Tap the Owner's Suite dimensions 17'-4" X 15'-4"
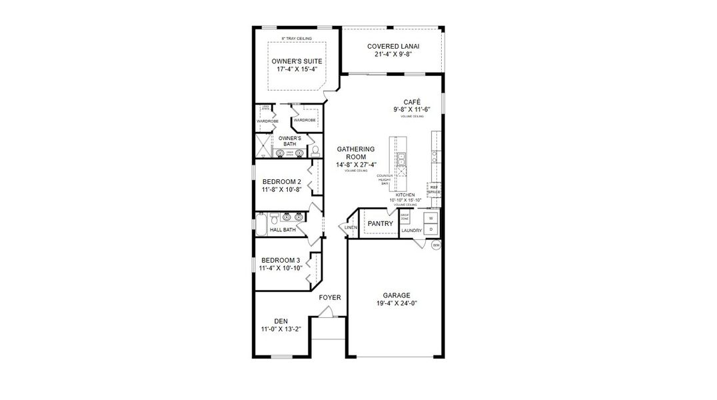click(x=292, y=69)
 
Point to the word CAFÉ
click(x=402, y=101)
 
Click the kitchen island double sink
click(x=402, y=160)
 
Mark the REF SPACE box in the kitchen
click(x=434, y=189)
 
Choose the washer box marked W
click(x=430, y=218)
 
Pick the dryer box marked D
click(x=430, y=229)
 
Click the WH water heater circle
click(x=436, y=245)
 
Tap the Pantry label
click(x=380, y=224)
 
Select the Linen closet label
click(x=351, y=228)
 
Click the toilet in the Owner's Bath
click(x=315, y=151)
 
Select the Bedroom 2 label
click(x=281, y=181)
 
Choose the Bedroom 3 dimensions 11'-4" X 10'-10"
click(x=281, y=268)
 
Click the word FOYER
click(x=330, y=297)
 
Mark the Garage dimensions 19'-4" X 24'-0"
click(x=396, y=303)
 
